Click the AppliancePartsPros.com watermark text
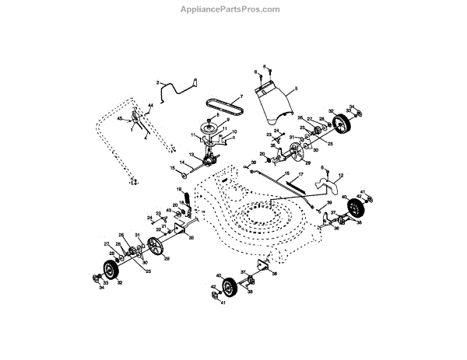[x=233, y=10]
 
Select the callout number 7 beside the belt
[x=241, y=96]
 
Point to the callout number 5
[x=296, y=90]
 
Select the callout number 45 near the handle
[x=120, y=119]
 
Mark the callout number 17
[x=299, y=176]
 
